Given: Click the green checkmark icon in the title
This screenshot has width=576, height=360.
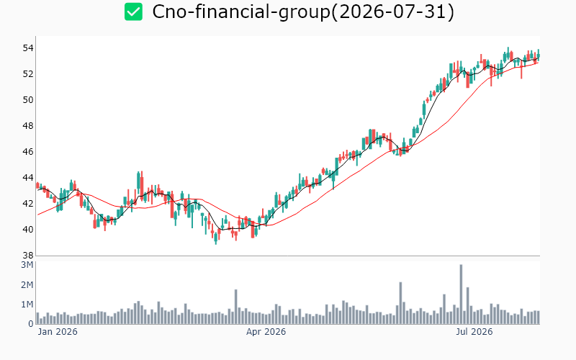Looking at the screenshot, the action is pos(133,12).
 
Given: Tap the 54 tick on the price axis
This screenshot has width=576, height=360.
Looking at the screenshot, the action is pos(28,48).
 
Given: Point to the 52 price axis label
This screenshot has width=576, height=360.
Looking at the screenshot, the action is pos(28,74).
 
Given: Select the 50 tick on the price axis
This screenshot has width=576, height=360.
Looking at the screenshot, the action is pos(28,100).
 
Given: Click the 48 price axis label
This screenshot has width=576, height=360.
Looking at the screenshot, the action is pos(28,126).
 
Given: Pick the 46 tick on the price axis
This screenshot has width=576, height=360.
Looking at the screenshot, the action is pos(28,152).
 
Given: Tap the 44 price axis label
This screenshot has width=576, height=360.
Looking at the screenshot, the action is pos(28,178).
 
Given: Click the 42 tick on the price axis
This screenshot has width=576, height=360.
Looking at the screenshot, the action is pos(28,204).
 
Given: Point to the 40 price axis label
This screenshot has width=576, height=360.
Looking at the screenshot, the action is pos(28,230).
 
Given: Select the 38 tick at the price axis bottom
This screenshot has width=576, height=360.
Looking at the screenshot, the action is pos(28,256).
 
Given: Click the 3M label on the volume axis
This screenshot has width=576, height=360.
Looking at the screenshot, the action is pos(27,265).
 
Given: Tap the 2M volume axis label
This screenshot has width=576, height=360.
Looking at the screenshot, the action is pos(27,284).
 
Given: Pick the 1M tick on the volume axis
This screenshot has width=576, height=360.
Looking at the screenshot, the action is pos(27,305).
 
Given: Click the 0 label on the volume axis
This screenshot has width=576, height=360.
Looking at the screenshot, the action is pos(31,324).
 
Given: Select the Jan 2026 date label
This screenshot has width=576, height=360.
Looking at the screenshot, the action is pos(58,332).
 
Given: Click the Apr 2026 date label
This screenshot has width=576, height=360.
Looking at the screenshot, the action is pos(266,332).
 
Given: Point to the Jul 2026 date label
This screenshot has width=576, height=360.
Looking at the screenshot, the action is pos(474,332).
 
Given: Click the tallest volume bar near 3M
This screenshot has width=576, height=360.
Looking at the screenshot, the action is pos(461,294).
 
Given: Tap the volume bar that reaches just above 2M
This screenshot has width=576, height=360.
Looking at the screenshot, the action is pos(401,303).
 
